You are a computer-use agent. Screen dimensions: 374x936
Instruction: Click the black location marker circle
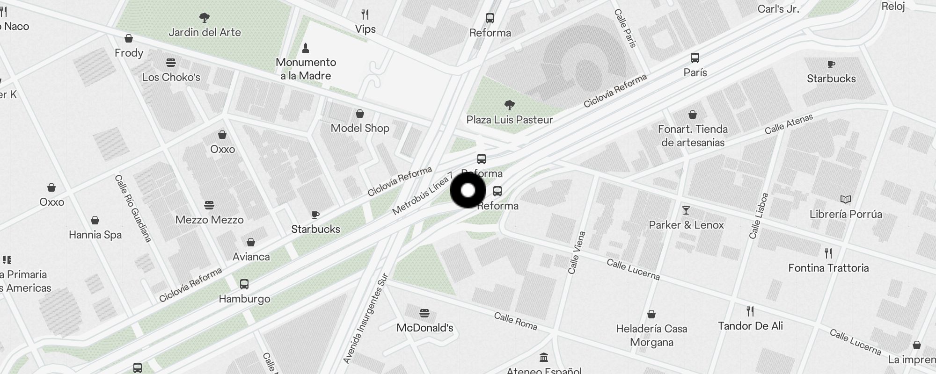tap(468, 191)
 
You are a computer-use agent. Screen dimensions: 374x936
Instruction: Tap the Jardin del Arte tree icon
tap(204, 18)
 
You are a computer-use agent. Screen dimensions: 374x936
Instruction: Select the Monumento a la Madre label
tap(306, 69)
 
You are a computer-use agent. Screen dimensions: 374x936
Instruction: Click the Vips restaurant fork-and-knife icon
tap(365, 14)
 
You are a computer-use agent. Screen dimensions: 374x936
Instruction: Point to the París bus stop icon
tap(695, 58)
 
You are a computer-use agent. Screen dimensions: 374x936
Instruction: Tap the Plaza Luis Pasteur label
tap(510, 120)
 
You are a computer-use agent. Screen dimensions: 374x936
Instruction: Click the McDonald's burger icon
tap(424, 313)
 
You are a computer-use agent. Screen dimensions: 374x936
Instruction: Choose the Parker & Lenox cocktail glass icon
tap(686, 210)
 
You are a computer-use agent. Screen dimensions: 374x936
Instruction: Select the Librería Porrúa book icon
tap(846, 200)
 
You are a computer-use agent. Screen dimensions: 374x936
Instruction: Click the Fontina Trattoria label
tap(828, 268)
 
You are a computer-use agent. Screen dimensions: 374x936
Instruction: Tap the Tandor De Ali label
tap(750, 326)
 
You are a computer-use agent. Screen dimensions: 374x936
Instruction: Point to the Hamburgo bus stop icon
tap(244, 284)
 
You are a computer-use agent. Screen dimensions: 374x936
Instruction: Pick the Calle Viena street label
tap(576, 252)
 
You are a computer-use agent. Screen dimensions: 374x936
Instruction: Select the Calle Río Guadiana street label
tap(133, 209)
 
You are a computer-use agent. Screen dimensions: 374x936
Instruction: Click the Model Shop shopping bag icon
tap(360, 114)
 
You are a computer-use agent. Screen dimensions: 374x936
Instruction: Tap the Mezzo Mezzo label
tap(209, 220)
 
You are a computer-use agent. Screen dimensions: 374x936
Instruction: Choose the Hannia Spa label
tap(95, 235)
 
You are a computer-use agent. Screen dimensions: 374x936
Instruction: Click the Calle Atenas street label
tap(789, 124)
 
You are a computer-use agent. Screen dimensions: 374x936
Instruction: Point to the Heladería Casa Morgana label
tap(651, 336)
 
